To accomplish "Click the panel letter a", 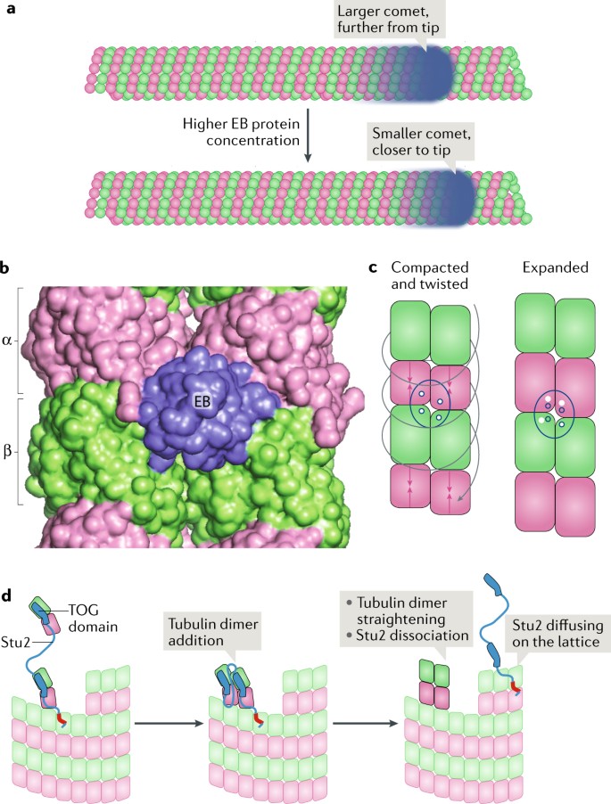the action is [10, 12].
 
